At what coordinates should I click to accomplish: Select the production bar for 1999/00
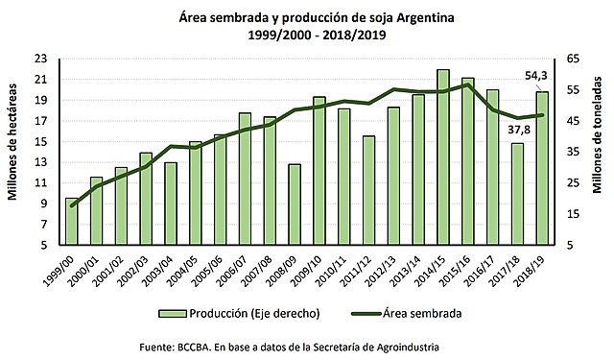coord(72,221)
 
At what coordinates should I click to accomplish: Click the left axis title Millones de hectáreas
coord(15,151)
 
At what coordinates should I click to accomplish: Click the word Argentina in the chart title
coord(416,15)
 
